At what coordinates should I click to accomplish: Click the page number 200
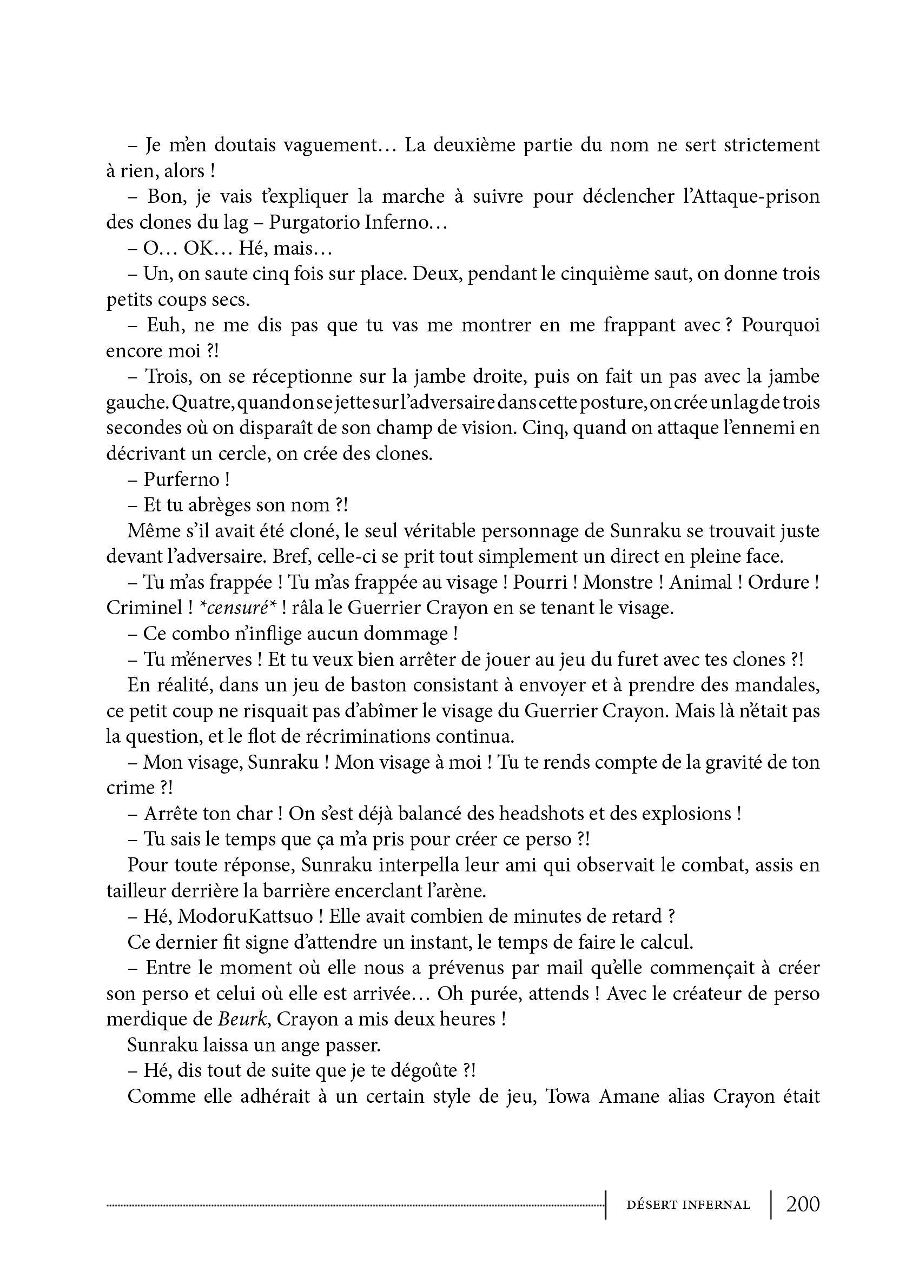[x=803, y=1204]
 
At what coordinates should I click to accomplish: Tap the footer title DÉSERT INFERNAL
[x=689, y=1205]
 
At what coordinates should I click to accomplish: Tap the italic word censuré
[x=235, y=608]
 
